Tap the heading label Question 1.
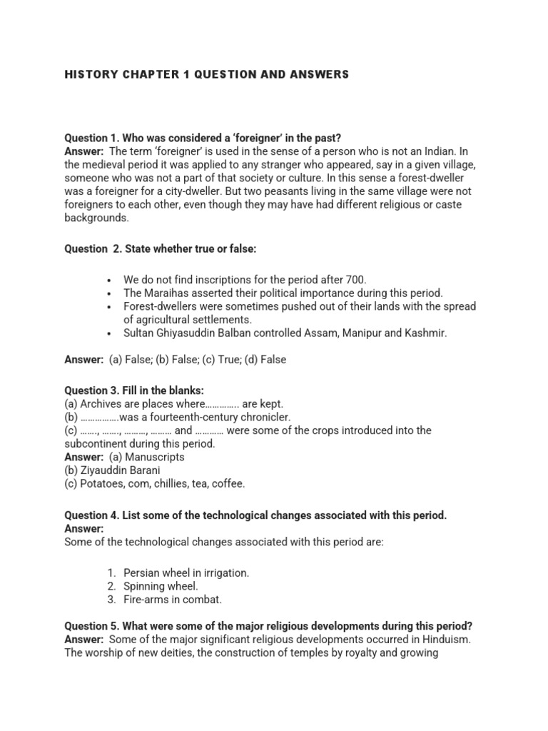(93, 137)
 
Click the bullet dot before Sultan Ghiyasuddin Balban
(109, 333)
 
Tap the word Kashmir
(422, 333)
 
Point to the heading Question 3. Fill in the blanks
(134, 390)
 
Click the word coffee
(228, 483)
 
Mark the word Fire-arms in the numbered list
(146, 600)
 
